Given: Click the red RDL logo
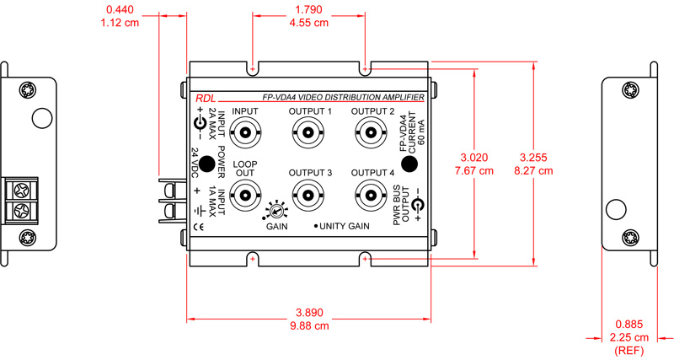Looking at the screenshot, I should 206,98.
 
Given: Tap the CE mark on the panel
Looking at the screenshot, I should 199,226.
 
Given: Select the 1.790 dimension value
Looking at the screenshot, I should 308,10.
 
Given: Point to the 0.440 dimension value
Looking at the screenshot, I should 120,10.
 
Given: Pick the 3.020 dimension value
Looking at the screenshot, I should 474,158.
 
